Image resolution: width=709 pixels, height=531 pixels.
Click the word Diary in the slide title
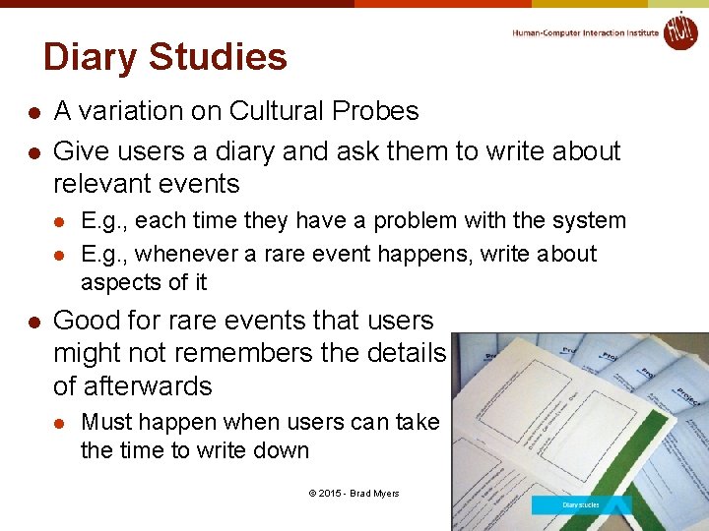tap(88, 58)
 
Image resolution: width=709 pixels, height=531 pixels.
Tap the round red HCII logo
tap(680, 30)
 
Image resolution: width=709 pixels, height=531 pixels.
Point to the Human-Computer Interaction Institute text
tap(585, 32)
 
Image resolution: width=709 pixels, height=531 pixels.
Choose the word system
tap(589, 221)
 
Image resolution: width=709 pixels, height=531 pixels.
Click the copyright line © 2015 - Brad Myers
tap(353, 494)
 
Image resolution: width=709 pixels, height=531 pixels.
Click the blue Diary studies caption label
tap(581, 505)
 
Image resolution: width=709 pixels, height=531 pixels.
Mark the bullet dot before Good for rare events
tap(32, 322)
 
